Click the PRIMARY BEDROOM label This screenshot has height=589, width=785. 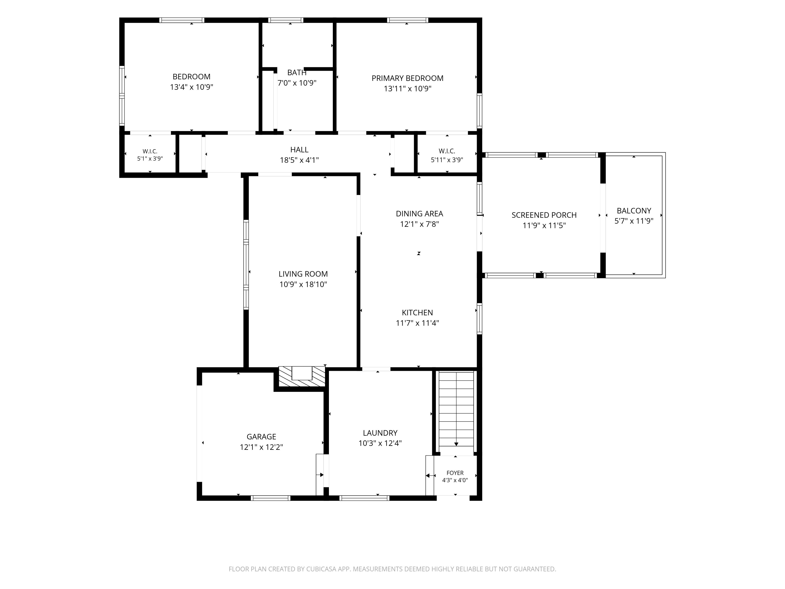407,78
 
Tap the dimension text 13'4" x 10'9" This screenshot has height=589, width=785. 192,87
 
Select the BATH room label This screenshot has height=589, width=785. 297,73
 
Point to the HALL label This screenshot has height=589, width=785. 299,150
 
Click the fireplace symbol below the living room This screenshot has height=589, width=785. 302,376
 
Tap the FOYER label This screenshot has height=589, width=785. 455,473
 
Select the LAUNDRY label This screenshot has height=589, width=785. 380,433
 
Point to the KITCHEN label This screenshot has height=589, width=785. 417,312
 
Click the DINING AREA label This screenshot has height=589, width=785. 419,214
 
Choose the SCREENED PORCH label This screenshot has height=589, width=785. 544,215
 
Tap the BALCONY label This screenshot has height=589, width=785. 634,210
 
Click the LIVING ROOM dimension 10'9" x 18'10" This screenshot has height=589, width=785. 303,284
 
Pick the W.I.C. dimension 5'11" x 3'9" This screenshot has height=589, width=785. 447,160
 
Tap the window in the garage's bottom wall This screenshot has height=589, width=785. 270,498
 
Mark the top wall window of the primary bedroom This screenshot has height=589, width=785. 407,20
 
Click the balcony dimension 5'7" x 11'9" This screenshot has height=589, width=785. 634,221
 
